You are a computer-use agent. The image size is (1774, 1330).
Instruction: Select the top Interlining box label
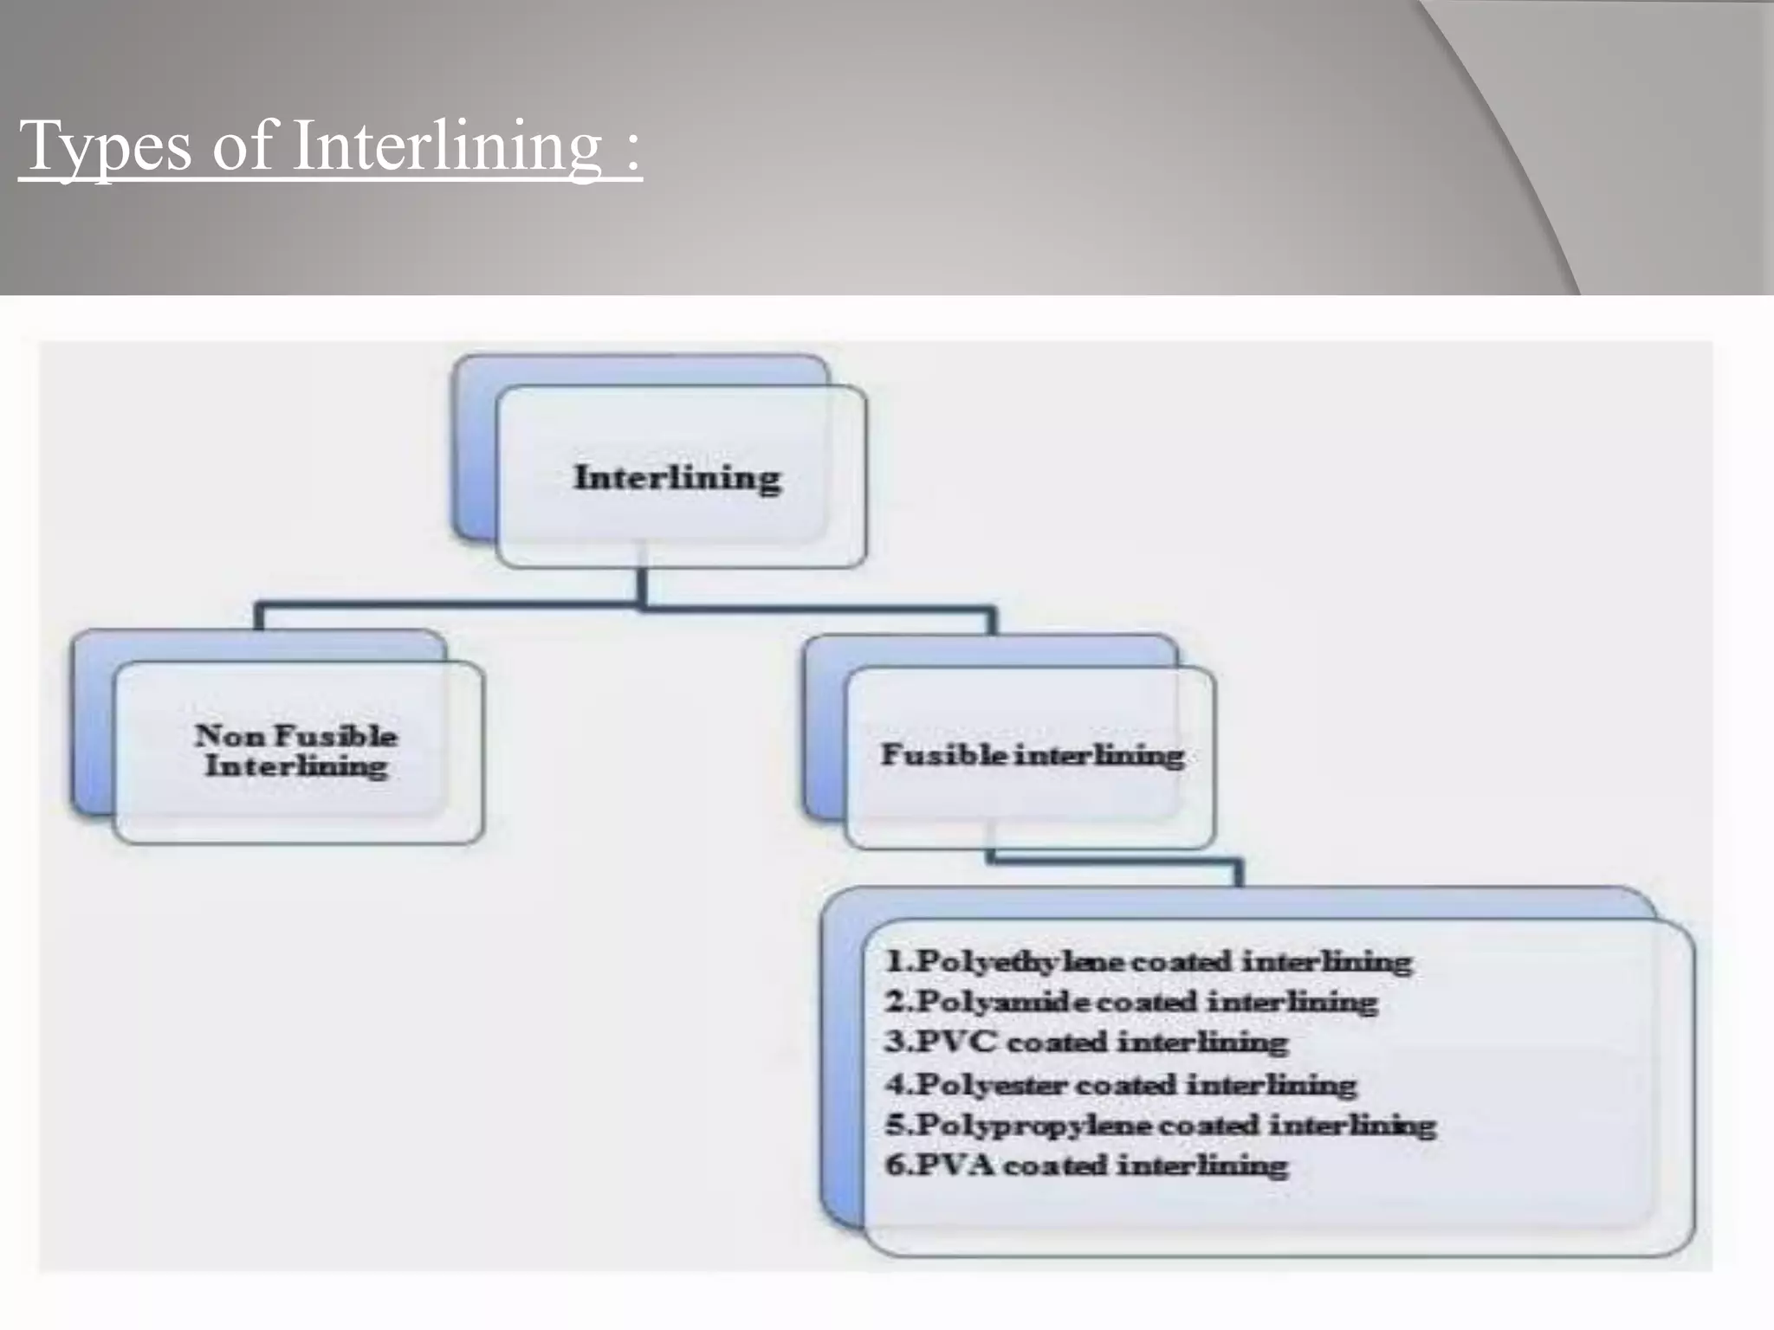click(x=677, y=478)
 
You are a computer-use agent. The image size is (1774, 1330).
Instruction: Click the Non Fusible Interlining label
click(x=296, y=751)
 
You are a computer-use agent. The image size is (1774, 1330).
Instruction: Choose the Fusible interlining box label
click(x=1032, y=755)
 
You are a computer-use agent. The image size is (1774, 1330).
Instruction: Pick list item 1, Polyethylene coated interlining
click(x=1149, y=961)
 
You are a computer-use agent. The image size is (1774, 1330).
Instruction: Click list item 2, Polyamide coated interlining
click(x=1131, y=1002)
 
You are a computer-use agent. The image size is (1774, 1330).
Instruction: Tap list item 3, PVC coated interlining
click(x=1086, y=1042)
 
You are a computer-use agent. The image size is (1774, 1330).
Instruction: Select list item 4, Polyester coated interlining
click(x=1121, y=1084)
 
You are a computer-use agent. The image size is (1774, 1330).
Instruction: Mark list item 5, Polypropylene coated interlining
click(x=1160, y=1125)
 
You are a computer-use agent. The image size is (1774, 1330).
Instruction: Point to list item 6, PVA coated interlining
click(x=1086, y=1165)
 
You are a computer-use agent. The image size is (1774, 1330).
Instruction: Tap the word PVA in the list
click(x=954, y=1165)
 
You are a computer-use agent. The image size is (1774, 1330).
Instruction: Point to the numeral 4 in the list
click(x=895, y=1084)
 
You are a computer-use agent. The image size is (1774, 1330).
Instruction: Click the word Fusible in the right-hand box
click(x=943, y=755)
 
